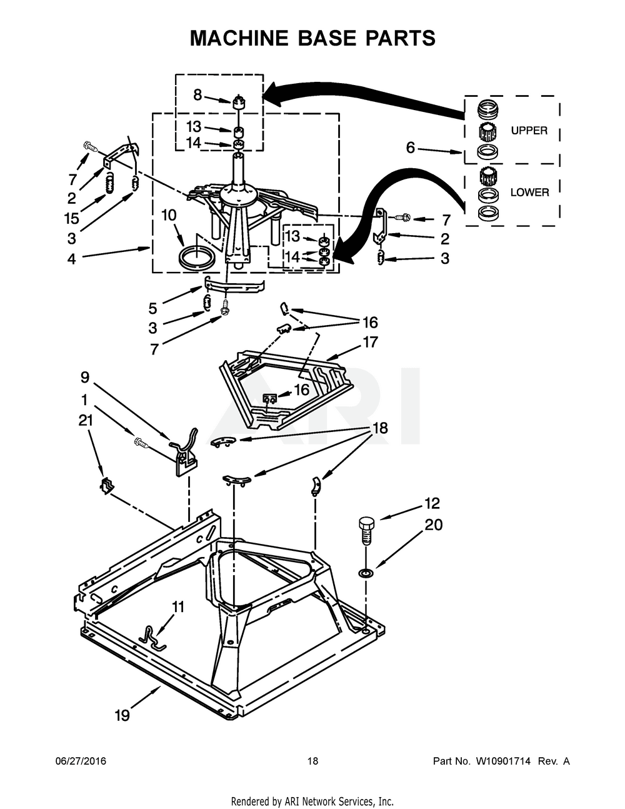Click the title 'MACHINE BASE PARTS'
click(312, 38)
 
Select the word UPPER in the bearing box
click(529, 131)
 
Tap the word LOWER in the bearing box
click(529, 193)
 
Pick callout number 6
click(410, 148)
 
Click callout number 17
click(370, 343)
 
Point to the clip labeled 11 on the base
click(152, 635)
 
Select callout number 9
click(84, 377)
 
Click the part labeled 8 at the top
click(237, 102)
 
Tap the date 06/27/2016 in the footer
click(81, 761)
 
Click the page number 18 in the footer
click(312, 761)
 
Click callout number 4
click(71, 258)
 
